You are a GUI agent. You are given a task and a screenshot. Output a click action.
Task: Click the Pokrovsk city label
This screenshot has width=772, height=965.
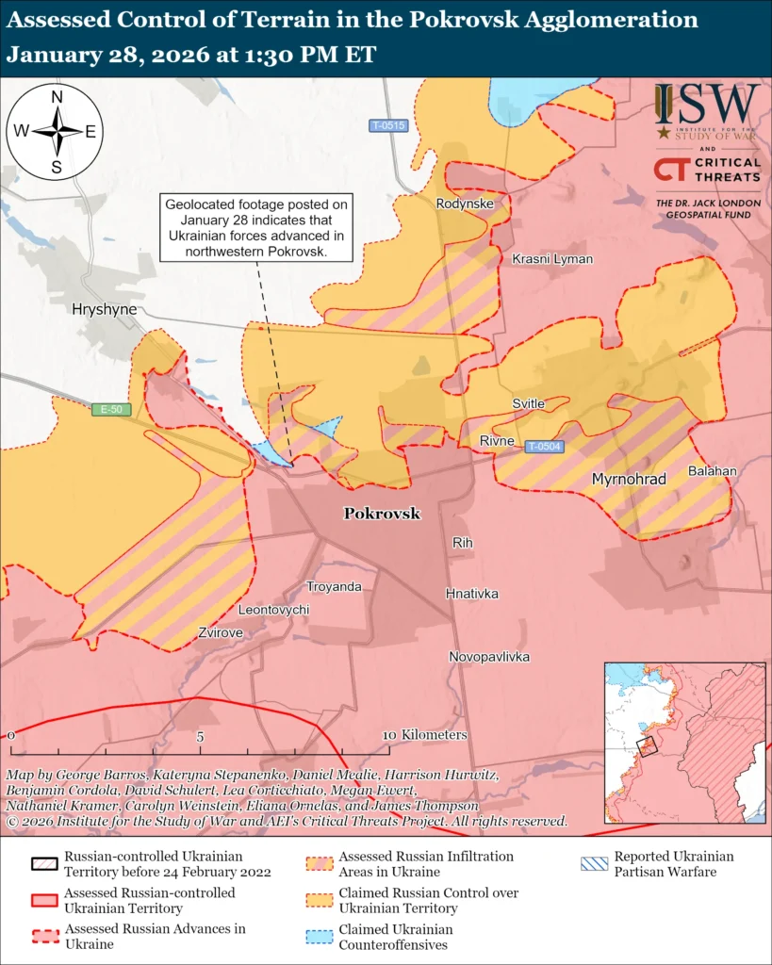point(382,514)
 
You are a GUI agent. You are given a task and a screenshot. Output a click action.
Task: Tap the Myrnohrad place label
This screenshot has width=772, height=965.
point(629,480)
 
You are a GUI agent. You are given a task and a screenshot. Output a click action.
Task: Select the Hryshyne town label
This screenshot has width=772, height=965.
point(104,309)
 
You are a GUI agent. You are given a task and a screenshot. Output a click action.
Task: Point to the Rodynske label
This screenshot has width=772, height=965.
point(465,203)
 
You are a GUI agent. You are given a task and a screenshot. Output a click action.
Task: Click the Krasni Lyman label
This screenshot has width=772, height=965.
point(552,258)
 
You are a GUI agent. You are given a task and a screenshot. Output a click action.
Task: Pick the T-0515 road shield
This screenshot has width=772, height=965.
point(387,125)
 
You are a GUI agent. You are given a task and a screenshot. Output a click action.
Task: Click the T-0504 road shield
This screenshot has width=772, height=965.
point(544,447)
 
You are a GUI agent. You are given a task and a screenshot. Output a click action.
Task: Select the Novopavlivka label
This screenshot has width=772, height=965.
point(488,657)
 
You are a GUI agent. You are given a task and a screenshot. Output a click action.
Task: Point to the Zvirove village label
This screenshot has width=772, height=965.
point(221,632)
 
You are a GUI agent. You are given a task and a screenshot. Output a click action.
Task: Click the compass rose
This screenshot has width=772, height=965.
point(57,132)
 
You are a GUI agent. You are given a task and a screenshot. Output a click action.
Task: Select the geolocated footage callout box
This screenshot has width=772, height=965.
point(256,227)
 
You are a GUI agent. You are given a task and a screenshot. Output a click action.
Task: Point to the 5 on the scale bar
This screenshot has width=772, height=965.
point(200,736)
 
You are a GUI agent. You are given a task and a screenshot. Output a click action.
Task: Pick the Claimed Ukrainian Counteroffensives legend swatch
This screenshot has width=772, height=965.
point(320,937)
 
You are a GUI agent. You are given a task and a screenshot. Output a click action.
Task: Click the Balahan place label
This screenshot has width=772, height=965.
point(712,470)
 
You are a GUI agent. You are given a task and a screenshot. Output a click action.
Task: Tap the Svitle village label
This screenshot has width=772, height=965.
point(528,403)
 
